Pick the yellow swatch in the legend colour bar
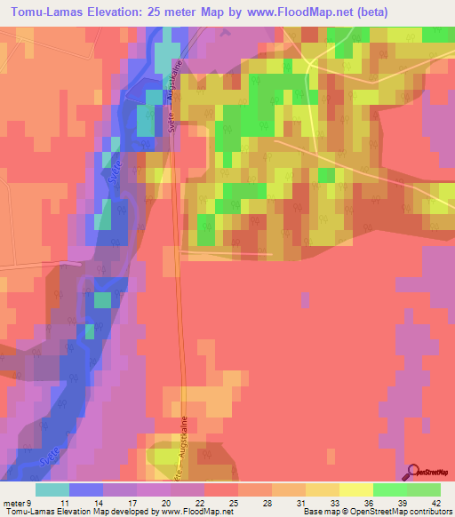pos(355,489)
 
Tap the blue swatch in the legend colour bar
pos(85,489)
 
